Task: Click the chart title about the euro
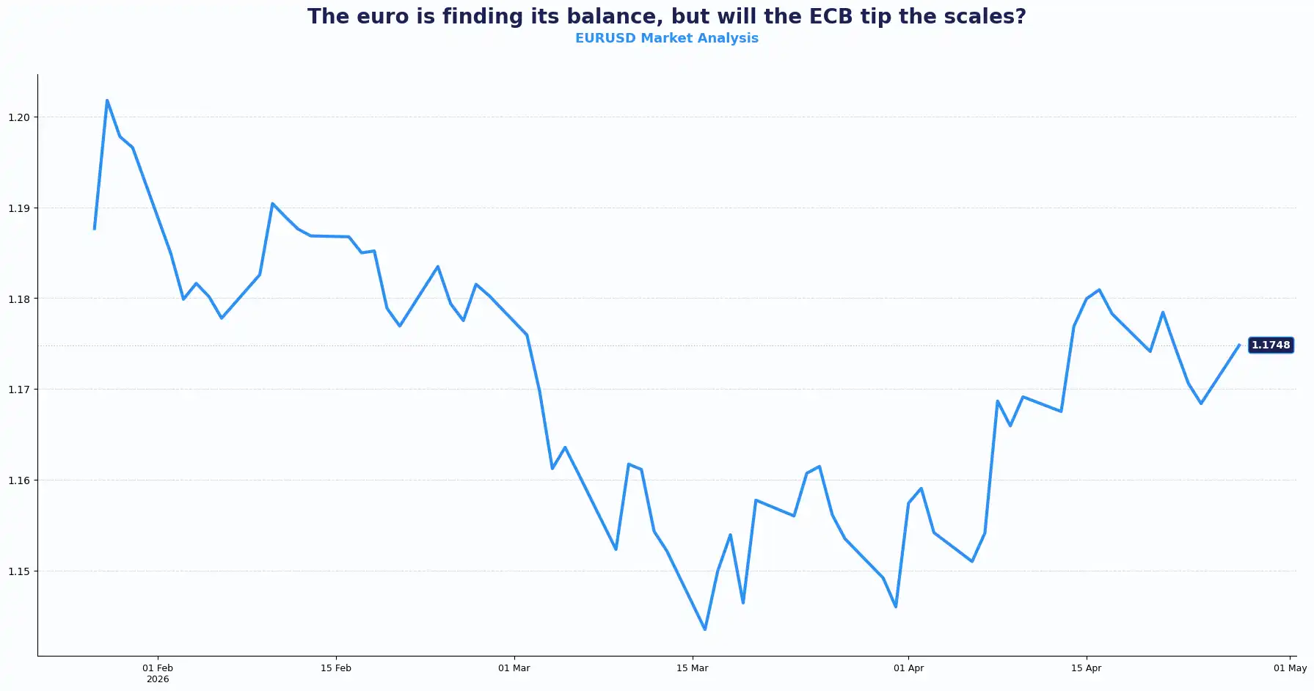[x=666, y=16]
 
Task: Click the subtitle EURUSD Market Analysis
[x=666, y=38]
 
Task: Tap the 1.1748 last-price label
[x=1270, y=345]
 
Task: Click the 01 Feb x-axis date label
[x=158, y=668]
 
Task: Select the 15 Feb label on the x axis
[x=336, y=668]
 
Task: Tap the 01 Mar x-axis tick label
[x=514, y=668]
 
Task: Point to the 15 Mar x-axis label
[x=692, y=668]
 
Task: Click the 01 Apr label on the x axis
[x=908, y=668]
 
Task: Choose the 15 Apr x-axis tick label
[x=1086, y=668]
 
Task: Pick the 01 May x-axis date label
[x=1290, y=668]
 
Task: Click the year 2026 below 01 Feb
[x=158, y=679]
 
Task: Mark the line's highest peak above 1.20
[x=107, y=100]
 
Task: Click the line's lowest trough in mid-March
[x=705, y=629]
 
